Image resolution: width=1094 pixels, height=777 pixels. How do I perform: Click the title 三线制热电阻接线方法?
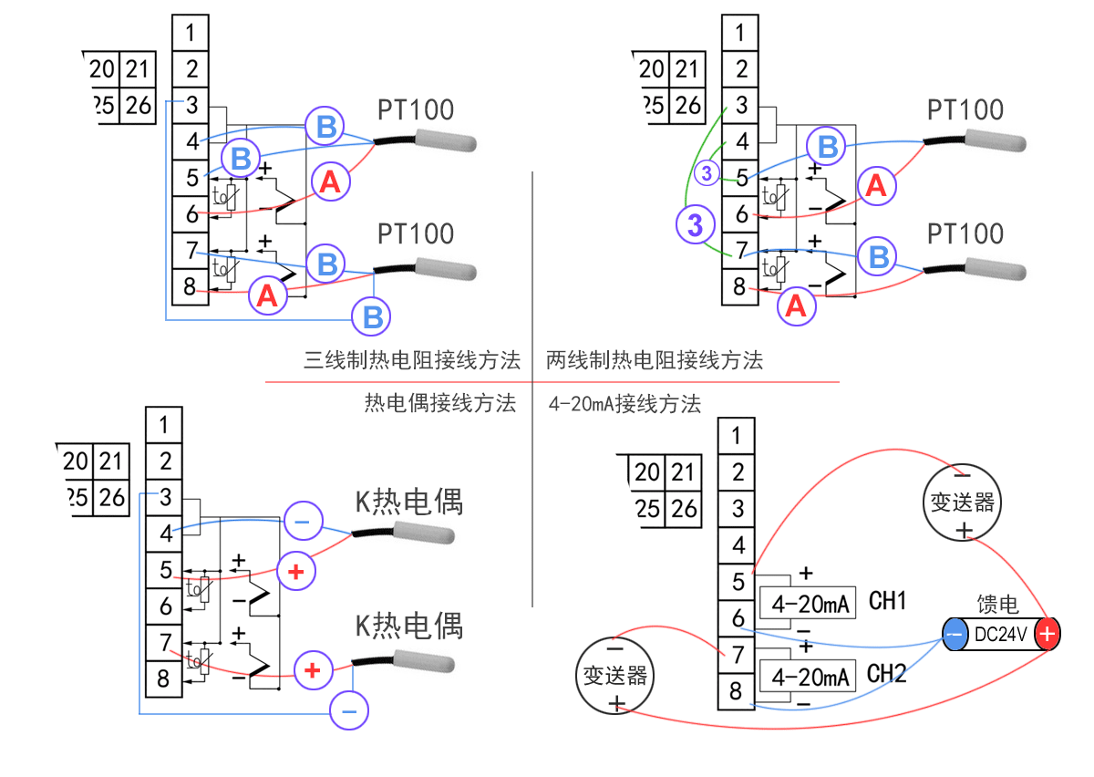pos(412,360)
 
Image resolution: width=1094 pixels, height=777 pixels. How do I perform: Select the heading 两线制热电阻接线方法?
pos(655,360)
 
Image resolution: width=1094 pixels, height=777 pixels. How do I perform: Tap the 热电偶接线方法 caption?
pos(440,403)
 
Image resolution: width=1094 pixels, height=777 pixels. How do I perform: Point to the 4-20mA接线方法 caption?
pos(625,404)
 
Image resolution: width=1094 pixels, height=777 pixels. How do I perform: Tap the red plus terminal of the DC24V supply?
pos(1048,634)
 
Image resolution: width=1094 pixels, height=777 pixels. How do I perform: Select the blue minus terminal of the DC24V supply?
pos(955,634)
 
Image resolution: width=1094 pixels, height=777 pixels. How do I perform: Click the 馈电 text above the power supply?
pos(998,606)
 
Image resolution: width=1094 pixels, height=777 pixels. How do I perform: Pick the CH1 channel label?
pos(887,601)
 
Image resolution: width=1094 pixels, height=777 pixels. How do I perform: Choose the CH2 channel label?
pos(887,674)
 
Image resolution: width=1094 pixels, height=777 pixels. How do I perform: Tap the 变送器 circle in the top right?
pos(963,502)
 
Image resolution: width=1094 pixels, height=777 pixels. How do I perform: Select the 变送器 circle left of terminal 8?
pos(615,675)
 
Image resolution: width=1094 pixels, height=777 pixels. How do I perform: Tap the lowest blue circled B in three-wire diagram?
pos(373,316)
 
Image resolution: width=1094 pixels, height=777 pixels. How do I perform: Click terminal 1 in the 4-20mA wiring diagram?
pos(738,436)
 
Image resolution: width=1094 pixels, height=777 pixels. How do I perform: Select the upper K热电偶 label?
pos(408,502)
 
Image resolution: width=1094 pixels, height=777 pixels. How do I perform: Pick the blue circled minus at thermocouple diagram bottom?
pos(349,709)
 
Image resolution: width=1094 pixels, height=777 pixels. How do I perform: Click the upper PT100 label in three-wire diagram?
pos(416,110)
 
